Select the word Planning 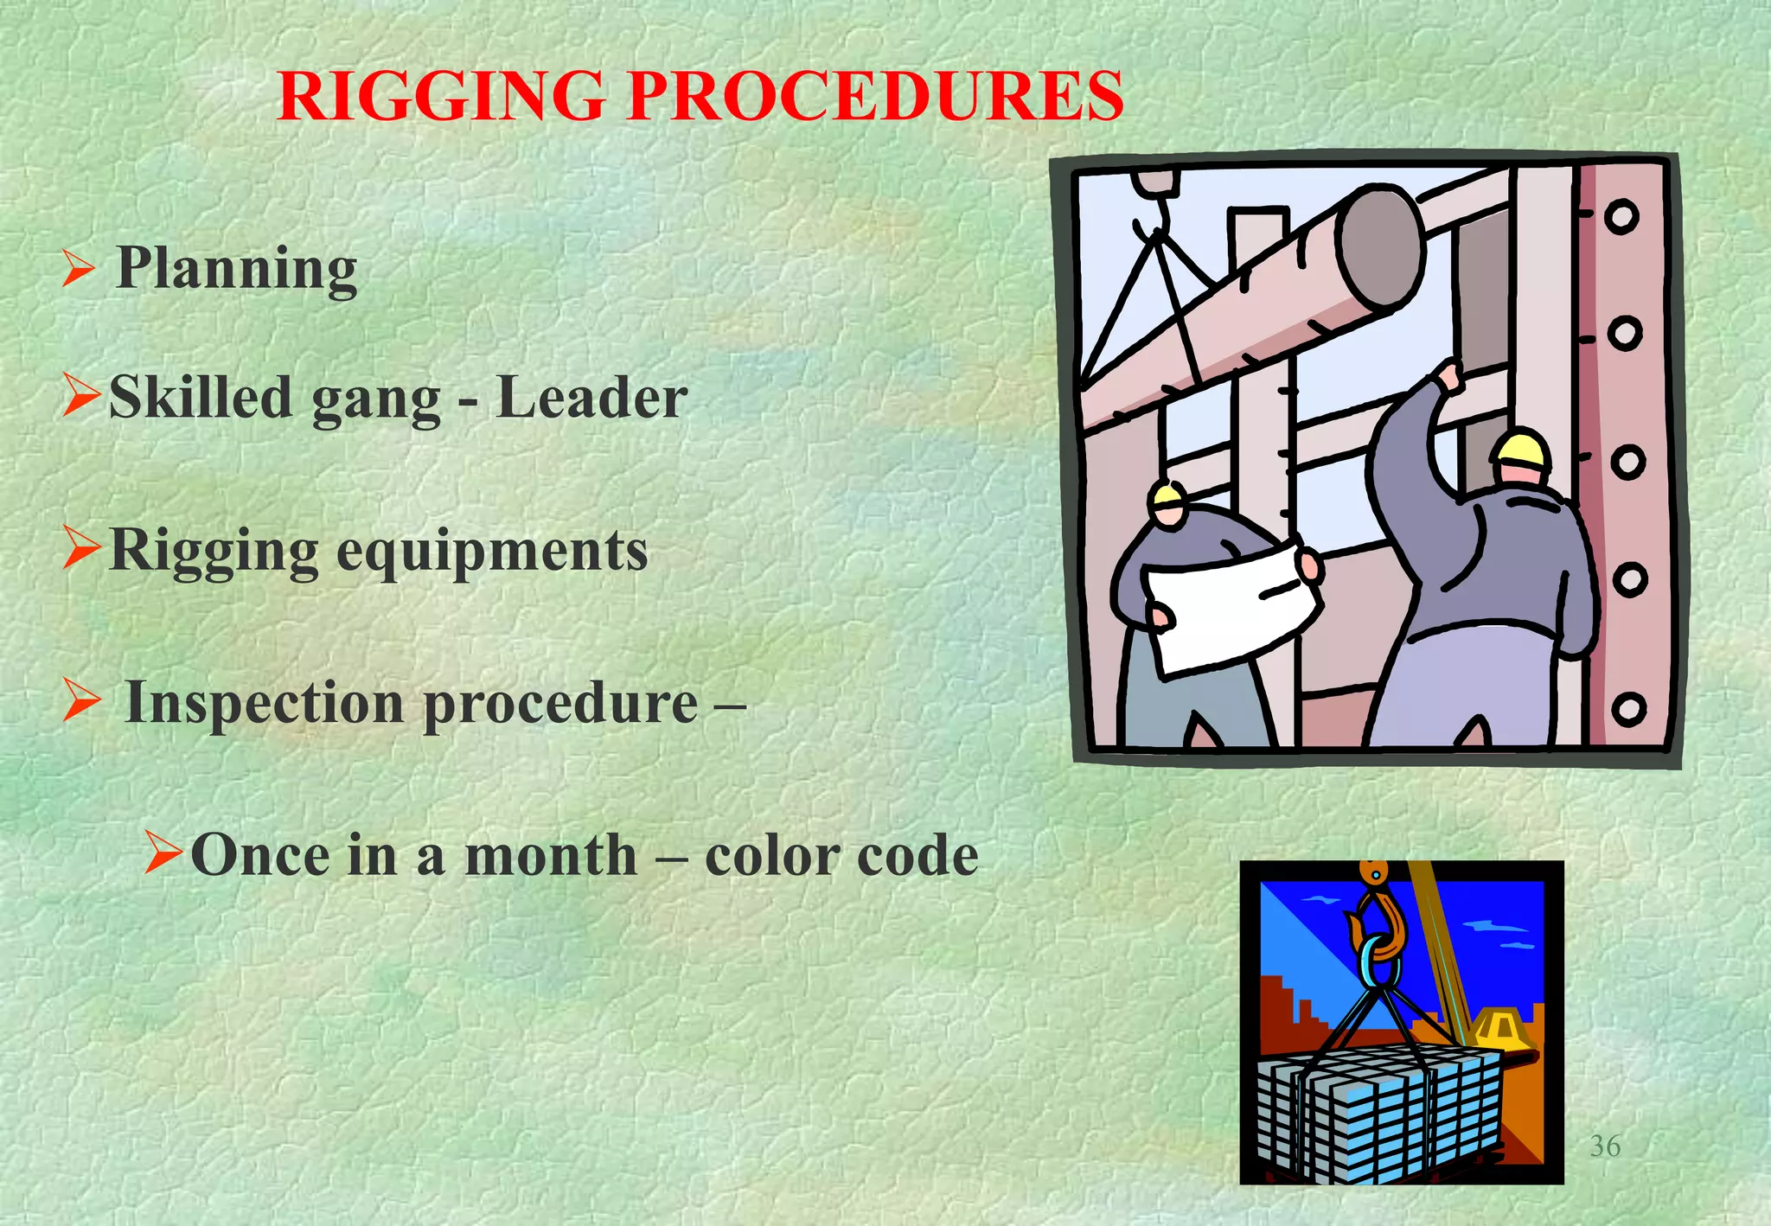pos(236,268)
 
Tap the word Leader pos(591,398)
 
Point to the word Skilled pos(201,398)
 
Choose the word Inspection pos(264,702)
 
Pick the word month pos(550,855)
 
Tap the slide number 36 pos(1605,1146)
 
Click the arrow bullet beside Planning pos(78,268)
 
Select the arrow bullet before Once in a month pos(163,852)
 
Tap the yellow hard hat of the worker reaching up pos(1522,450)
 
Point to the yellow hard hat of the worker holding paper pos(1167,495)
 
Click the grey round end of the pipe pos(1381,246)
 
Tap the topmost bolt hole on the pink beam pos(1621,217)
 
